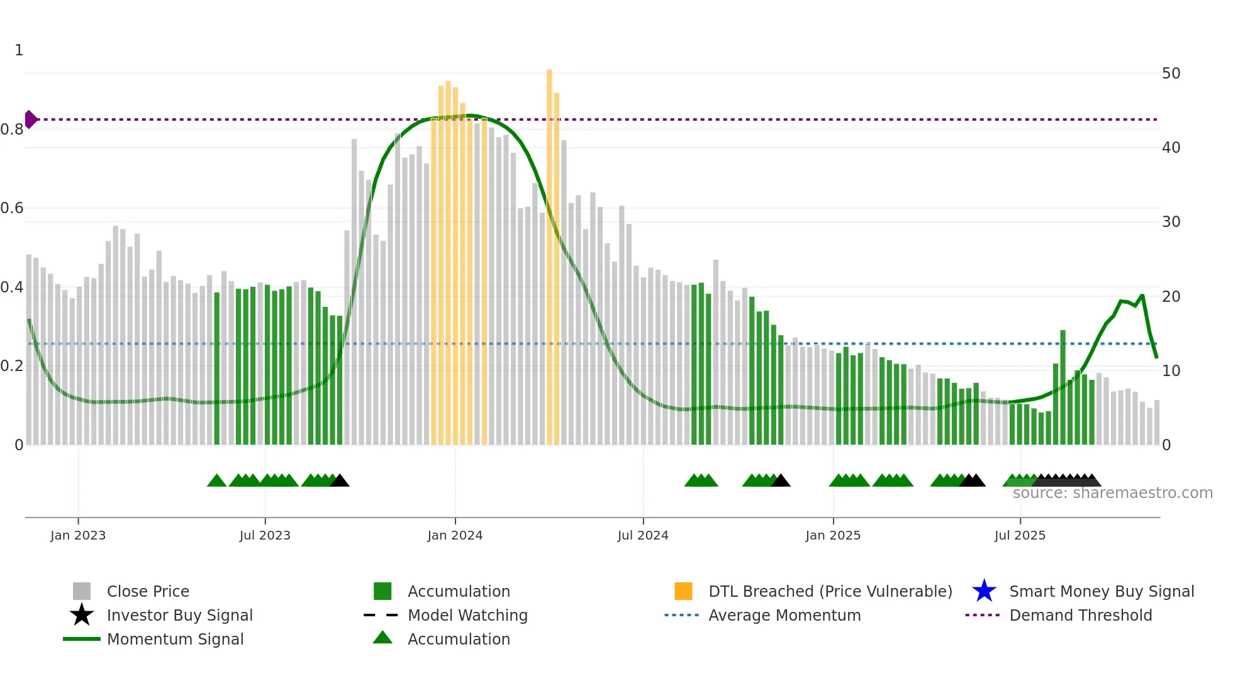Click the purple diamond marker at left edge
pos(30,119)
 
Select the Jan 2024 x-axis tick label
pos(455,536)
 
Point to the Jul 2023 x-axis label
pos(265,536)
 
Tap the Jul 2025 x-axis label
pos(1020,536)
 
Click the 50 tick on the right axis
pos(1171,74)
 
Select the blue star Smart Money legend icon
pos(984,591)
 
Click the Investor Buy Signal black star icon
pos(82,615)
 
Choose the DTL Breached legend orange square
pos(683,591)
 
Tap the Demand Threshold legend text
pos(1080,615)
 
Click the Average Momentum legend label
pos(784,615)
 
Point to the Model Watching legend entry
pos(467,615)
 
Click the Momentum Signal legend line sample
pos(82,639)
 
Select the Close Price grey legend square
pos(82,591)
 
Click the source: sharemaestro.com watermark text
pos(1112,493)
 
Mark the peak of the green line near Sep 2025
pos(1142,295)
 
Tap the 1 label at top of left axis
pos(19,50)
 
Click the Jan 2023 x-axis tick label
pos(78,536)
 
